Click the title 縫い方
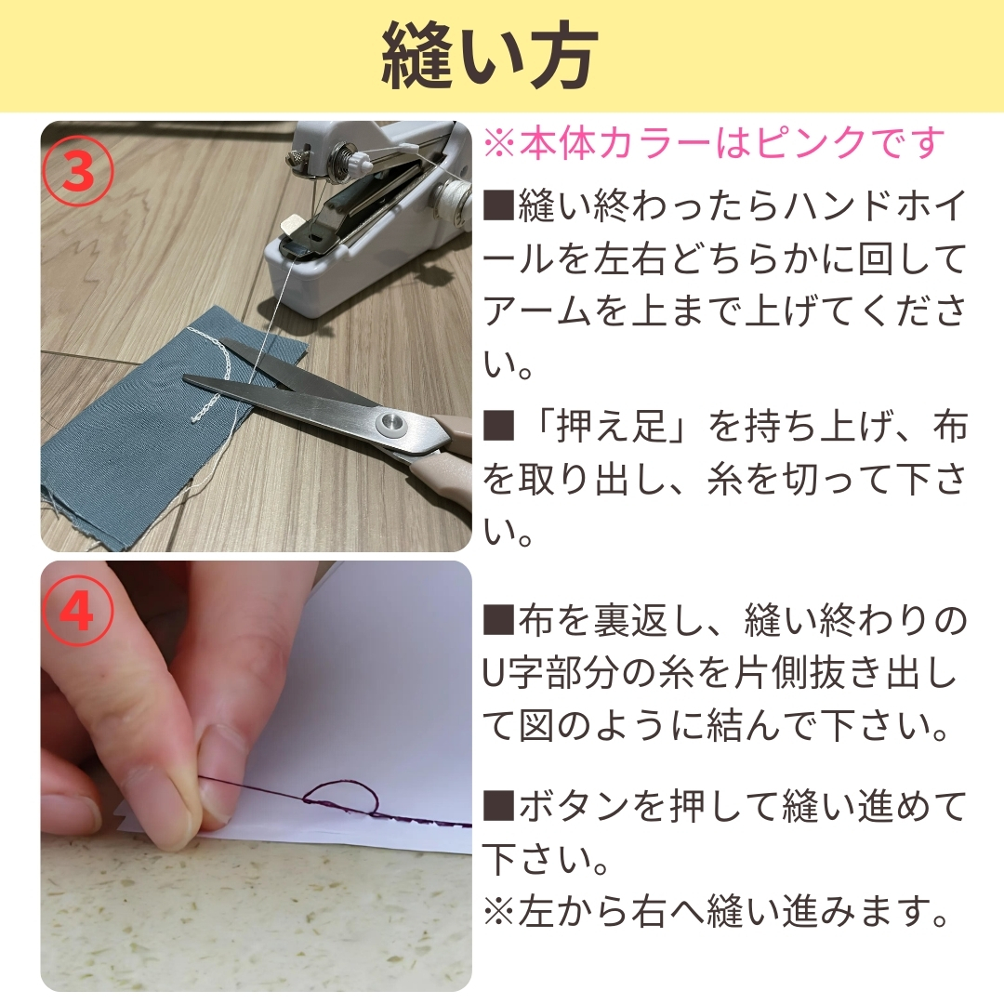[x=490, y=58]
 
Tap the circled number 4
[x=78, y=612]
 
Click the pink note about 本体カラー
[x=714, y=142]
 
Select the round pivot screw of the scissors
[x=392, y=423]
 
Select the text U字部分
[x=557, y=674]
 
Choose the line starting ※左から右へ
[x=715, y=910]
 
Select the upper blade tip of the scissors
[x=225, y=344]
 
